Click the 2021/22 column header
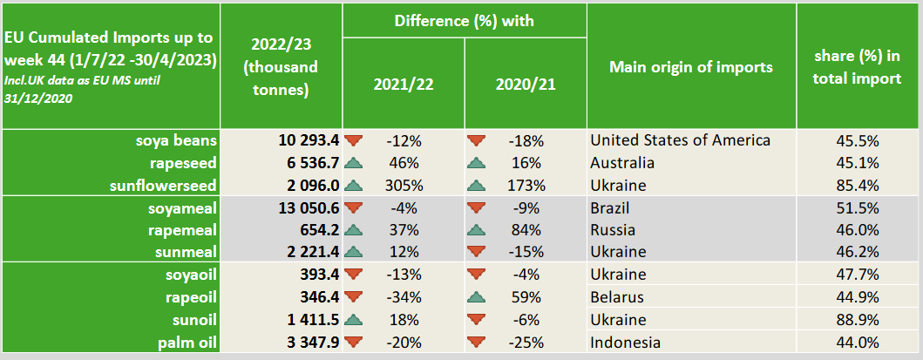click(403, 85)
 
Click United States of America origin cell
click(680, 140)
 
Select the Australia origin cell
click(622, 163)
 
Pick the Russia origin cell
click(613, 231)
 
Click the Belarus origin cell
click(617, 297)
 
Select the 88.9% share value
click(858, 320)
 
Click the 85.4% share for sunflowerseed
click(858, 186)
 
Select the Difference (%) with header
click(464, 19)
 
